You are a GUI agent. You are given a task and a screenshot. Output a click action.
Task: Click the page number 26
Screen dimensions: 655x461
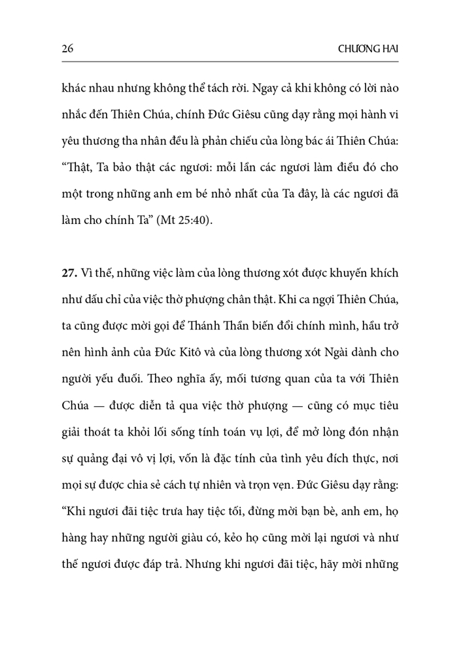[x=66, y=48]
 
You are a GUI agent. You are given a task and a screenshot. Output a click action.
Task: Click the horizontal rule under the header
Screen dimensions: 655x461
[x=230, y=62]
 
